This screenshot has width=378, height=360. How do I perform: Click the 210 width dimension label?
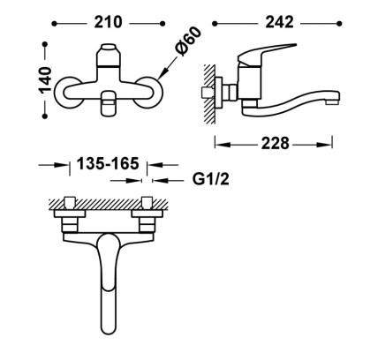(x=108, y=22)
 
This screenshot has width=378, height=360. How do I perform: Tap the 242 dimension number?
(x=279, y=22)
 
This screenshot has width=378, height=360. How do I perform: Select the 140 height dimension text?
(x=46, y=80)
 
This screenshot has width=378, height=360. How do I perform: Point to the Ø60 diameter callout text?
(x=188, y=41)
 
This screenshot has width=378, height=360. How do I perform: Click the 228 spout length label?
(x=276, y=144)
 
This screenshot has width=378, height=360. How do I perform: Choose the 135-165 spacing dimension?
(x=108, y=163)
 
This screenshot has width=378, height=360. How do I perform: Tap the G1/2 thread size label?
(x=211, y=179)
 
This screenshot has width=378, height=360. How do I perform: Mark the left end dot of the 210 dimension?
(x=54, y=24)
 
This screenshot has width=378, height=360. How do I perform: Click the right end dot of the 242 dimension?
(x=339, y=24)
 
